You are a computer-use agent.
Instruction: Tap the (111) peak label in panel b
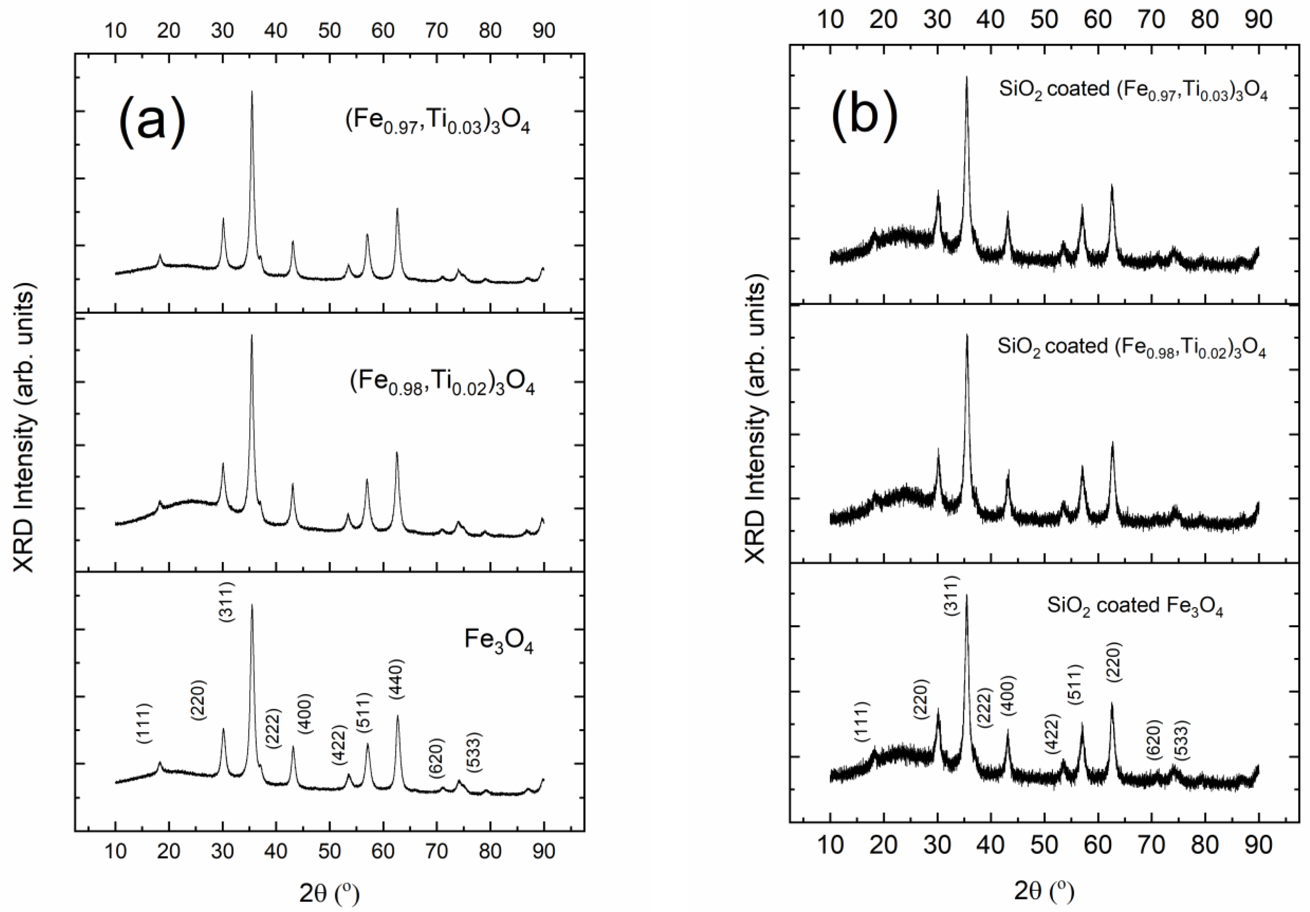(862, 722)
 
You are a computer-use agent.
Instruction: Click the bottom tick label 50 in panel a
(329, 851)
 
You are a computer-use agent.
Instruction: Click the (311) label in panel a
(226, 602)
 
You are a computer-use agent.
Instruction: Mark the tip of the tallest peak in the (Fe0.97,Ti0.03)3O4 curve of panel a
(252, 91)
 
